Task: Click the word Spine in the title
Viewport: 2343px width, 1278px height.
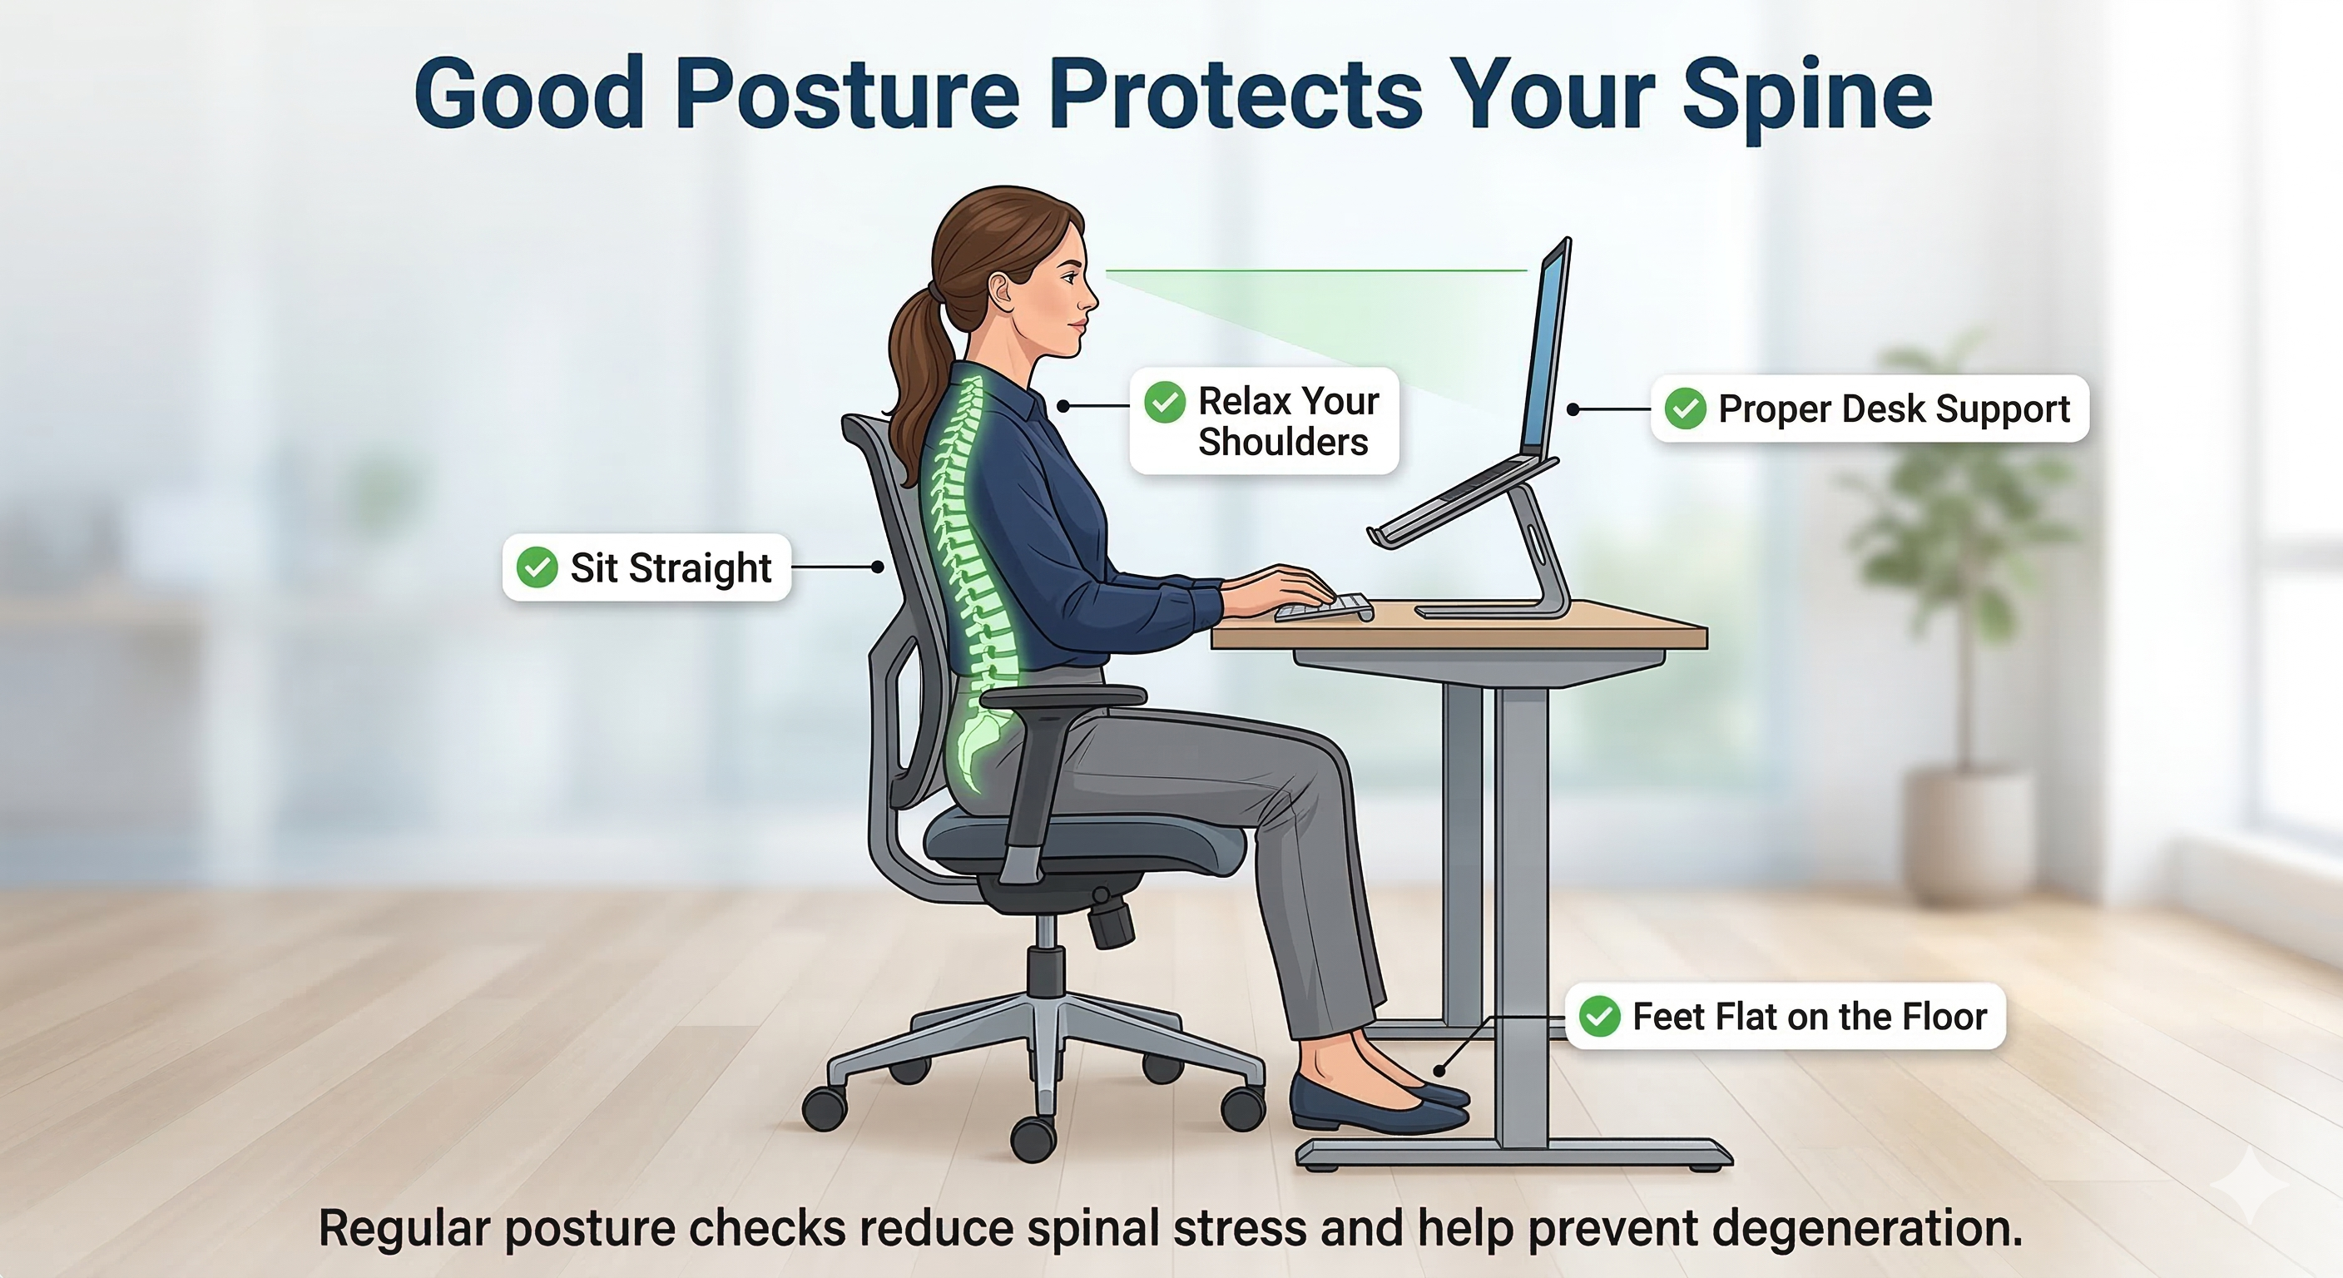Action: [1806, 96]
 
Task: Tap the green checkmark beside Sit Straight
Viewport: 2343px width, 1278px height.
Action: [537, 567]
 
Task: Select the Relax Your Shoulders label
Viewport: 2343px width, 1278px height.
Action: [1265, 420]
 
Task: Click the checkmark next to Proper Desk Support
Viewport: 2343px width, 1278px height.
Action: [1685, 409]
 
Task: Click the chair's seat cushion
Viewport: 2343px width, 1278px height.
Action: [1082, 841]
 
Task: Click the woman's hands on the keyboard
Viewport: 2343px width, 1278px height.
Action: [1282, 588]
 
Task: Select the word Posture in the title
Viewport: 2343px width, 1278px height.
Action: [847, 96]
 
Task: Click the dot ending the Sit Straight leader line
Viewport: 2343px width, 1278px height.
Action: [878, 567]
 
